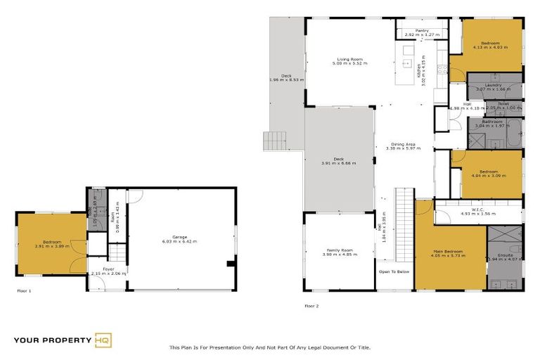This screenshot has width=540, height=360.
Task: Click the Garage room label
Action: pyautogui.click(x=180, y=237)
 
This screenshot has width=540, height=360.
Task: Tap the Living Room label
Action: pyautogui.click(x=349, y=59)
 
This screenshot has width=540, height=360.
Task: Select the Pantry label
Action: pyautogui.click(x=422, y=30)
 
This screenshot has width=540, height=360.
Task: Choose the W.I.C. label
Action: pyautogui.click(x=478, y=209)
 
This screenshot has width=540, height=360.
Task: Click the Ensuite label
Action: pyautogui.click(x=506, y=255)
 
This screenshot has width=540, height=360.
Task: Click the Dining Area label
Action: pyautogui.click(x=403, y=144)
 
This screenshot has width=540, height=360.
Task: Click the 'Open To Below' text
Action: pyautogui.click(x=394, y=271)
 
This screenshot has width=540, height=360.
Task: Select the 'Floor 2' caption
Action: pyautogui.click(x=311, y=306)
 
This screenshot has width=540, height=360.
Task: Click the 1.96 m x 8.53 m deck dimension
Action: pyautogui.click(x=287, y=80)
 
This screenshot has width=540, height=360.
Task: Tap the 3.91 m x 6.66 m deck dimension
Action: pyautogui.click(x=339, y=163)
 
